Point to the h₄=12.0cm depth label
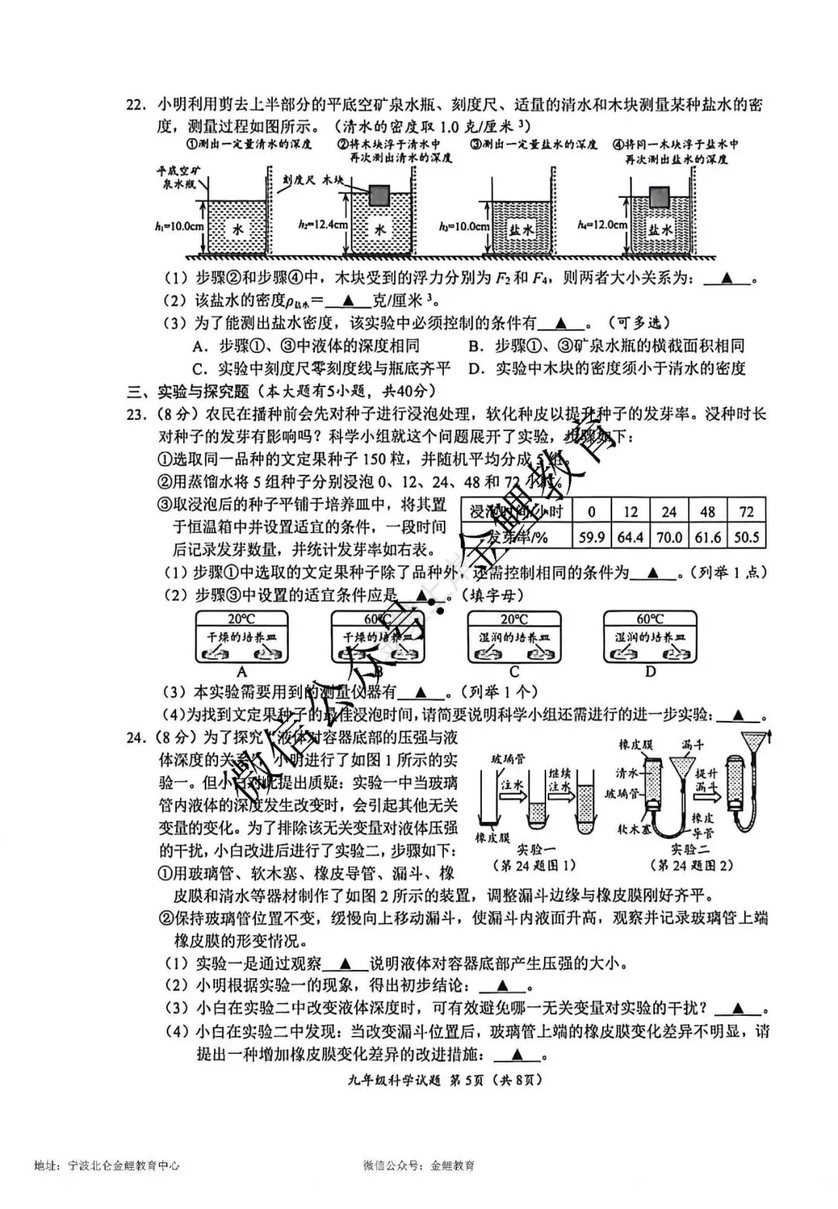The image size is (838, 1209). (x=602, y=224)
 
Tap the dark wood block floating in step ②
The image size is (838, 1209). (x=379, y=196)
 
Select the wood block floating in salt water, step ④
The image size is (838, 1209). (x=660, y=196)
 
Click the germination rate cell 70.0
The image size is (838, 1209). (x=669, y=537)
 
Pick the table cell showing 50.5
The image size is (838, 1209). (x=746, y=537)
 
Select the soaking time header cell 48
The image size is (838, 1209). (x=708, y=511)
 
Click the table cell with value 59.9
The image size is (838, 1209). (x=591, y=537)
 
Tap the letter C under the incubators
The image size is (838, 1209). (x=514, y=673)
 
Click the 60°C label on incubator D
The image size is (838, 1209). (x=650, y=619)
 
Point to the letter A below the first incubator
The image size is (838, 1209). (x=242, y=673)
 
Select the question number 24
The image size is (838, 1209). (x=137, y=738)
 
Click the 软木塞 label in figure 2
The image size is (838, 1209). (x=634, y=829)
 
